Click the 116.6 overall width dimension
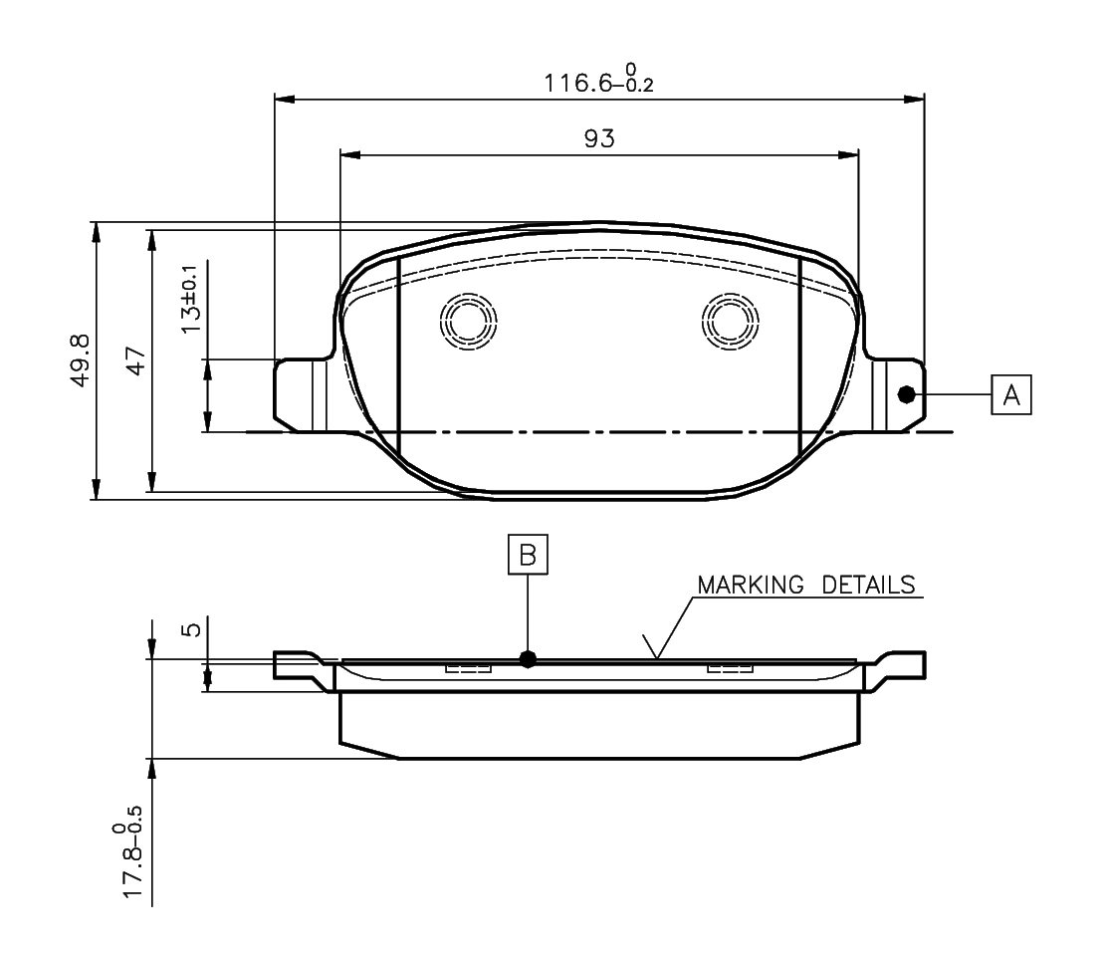[x=598, y=79]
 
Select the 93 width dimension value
[x=599, y=138]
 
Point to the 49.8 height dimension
[x=81, y=360]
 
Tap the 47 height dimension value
[x=135, y=360]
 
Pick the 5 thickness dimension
[x=192, y=628]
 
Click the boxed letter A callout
[x=1010, y=394]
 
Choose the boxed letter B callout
[x=528, y=554]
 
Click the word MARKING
[x=751, y=585]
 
